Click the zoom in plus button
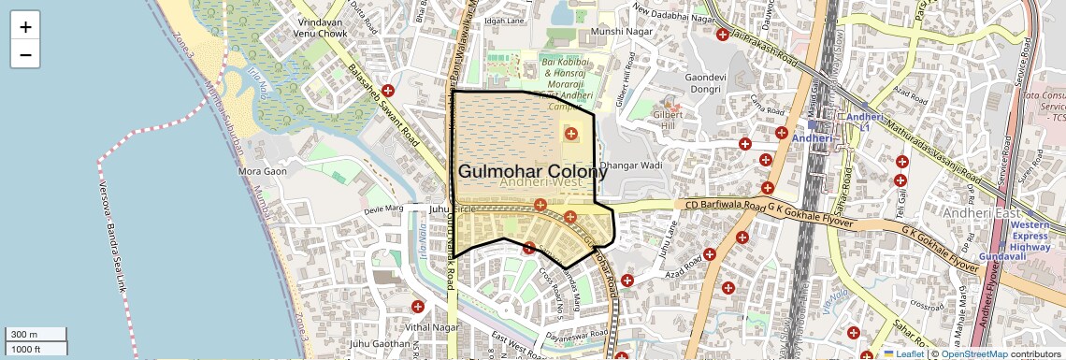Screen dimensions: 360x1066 [25, 26]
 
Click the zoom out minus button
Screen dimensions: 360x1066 [25, 54]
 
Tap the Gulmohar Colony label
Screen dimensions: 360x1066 [531, 172]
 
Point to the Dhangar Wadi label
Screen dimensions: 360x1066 [631, 166]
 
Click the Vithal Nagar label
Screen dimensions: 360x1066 [431, 327]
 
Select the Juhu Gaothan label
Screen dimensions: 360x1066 [380, 344]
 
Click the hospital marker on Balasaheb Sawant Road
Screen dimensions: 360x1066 [388, 91]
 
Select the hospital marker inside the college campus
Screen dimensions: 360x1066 [570, 135]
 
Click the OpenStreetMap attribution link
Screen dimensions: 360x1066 [973, 353]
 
